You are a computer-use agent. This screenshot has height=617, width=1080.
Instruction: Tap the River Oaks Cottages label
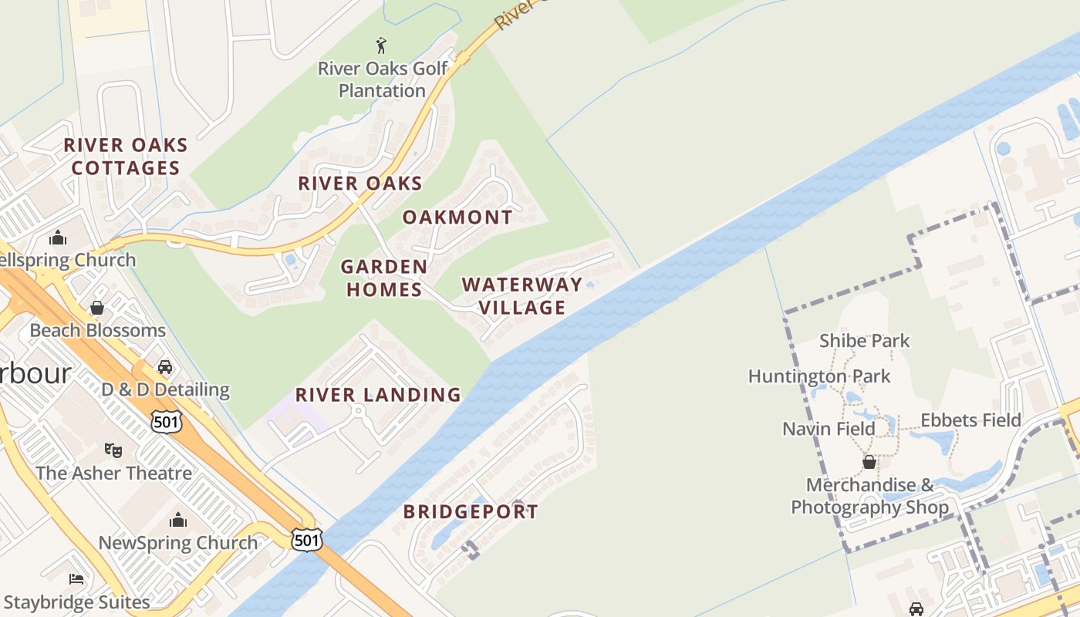pos(125,157)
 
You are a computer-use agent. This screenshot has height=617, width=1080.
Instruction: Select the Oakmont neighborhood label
pos(457,217)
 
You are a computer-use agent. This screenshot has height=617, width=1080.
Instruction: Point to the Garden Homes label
pos(384,278)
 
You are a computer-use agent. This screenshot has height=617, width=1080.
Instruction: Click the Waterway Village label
pos(522,296)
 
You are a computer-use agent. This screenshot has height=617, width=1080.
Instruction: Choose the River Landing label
pos(378,395)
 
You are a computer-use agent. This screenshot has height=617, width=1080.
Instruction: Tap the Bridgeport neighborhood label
pos(471,511)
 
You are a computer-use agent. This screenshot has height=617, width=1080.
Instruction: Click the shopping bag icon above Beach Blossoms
pos(97,308)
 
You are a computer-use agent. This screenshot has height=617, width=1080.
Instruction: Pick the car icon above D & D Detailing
pos(164,367)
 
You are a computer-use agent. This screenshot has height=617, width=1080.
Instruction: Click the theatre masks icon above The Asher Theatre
pos(113,450)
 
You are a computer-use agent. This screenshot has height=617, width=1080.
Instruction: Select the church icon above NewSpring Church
pos(178,520)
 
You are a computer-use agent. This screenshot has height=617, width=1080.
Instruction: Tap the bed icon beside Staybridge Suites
pos(76,579)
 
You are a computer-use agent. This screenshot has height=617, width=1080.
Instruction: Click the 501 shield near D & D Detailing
pos(167,421)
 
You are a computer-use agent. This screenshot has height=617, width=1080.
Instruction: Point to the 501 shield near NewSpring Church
pos(306,540)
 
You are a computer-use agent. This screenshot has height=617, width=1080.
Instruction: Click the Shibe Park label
pos(864,341)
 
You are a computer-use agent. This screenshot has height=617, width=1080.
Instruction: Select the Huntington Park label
pos(819,376)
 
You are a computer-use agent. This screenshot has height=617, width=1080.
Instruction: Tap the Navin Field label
pos(829,429)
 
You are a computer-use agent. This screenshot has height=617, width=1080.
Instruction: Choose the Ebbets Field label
pos(970,420)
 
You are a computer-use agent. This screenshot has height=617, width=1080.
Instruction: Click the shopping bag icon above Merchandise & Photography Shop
pos(869,463)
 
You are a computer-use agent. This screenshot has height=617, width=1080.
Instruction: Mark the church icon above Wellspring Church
pos(58,238)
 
